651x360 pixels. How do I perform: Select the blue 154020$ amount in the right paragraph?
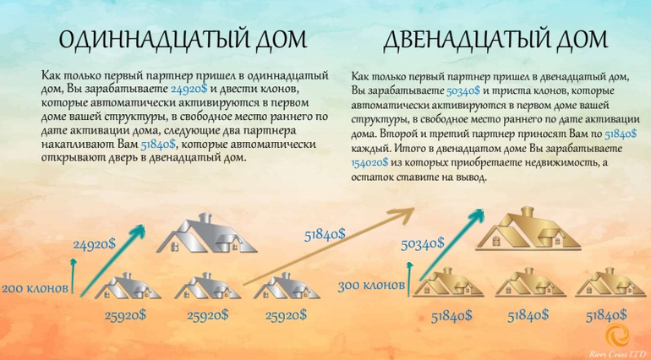(x=370, y=163)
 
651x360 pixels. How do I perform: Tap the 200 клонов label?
(x=35, y=288)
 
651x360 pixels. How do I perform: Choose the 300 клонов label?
(x=371, y=286)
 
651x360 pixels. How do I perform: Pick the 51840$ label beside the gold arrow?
(x=325, y=235)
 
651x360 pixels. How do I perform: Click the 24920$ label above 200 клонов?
(x=94, y=244)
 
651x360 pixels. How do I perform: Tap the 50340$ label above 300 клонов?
(x=422, y=243)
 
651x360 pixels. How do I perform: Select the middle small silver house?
(x=208, y=286)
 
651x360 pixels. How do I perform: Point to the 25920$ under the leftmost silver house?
(x=125, y=315)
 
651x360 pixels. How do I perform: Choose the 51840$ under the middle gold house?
(x=528, y=316)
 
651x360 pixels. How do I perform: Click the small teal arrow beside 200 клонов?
(x=74, y=275)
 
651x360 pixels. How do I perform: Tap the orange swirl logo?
(x=617, y=335)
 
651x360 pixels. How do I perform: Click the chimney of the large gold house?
(x=528, y=212)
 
